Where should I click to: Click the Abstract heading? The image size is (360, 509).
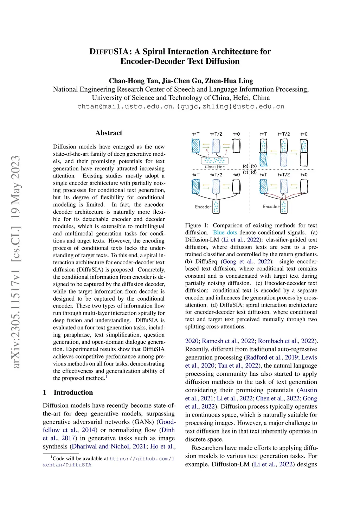pos(109,133)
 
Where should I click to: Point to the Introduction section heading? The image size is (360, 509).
pos(73,392)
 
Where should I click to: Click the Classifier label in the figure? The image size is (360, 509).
pos(214,167)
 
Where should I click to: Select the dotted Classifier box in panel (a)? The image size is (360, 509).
pos(214,160)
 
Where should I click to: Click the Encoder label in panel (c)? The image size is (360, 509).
pos(203,207)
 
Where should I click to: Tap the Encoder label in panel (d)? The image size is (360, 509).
pos(271,206)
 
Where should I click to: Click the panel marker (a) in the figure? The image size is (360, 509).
pos(245,166)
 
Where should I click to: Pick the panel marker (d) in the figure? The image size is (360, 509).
pos(253,172)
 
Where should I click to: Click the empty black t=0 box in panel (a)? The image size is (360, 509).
pos(236,146)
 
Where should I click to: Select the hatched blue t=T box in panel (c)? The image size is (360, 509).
pos(196,186)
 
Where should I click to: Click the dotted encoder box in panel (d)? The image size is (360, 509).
pos(284,207)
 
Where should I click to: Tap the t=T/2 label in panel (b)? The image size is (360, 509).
pos(284,134)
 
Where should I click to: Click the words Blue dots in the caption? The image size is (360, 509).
pos(225,232)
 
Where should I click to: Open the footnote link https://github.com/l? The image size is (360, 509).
pos(142,458)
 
